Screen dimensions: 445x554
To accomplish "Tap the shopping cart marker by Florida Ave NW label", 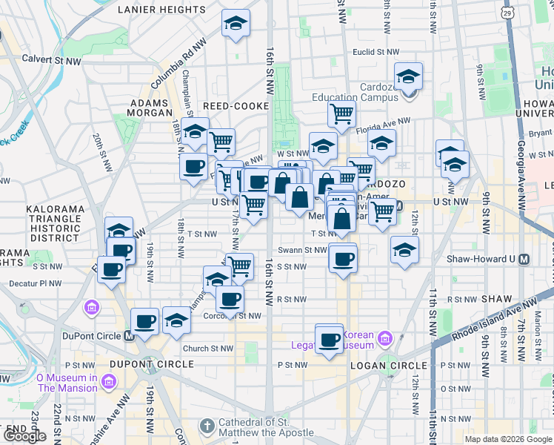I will (341, 115).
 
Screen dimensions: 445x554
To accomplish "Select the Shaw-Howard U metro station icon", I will (524, 260).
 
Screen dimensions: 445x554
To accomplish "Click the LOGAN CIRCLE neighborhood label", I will (392, 366).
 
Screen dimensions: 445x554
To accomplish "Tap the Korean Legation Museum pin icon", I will (385, 340).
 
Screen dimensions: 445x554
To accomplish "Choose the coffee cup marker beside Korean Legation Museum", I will (329, 340).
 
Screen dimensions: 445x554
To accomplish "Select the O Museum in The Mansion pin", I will (109, 381).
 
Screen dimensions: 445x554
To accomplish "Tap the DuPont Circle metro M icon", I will (128, 335).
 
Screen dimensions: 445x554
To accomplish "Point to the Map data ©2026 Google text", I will (508, 439).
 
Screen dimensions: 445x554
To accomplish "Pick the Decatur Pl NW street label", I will (34, 283).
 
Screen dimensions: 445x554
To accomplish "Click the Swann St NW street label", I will (302, 250).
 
